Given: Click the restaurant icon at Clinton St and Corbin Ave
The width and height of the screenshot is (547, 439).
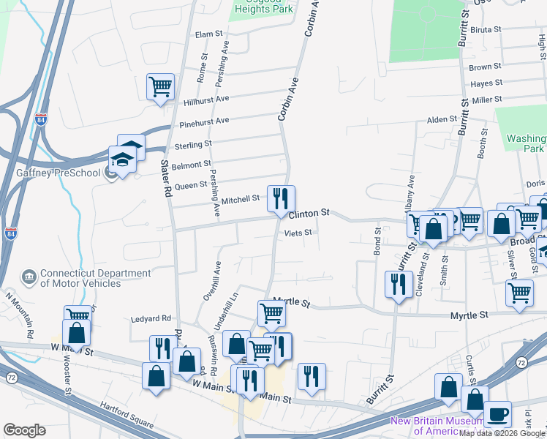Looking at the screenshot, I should click(281, 198).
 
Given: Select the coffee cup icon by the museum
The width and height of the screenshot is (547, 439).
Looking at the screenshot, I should click(497, 414).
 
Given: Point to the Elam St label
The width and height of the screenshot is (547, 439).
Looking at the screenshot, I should click(208, 34).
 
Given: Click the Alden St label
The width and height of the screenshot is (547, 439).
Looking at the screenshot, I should click(442, 119).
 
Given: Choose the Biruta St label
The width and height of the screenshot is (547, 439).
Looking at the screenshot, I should click(486, 30).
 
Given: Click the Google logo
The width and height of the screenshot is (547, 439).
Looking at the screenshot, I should click(24, 430).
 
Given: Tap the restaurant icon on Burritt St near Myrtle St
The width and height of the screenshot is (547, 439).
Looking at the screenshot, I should click(396, 284).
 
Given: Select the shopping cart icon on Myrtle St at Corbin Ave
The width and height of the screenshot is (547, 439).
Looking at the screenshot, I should click(271, 313).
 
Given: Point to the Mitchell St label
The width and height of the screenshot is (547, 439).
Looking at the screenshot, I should click(241, 198).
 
